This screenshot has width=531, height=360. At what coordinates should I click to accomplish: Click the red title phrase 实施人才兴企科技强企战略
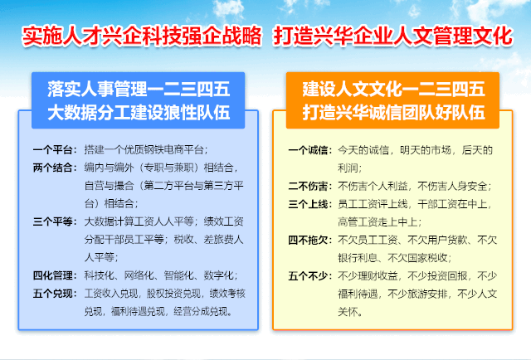(x=142, y=36)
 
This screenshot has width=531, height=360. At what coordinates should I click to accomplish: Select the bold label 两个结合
(x=55, y=167)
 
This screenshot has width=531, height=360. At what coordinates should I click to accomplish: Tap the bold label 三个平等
(x=55, y=221)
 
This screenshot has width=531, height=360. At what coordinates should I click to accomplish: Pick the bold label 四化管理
(x=55, y=275)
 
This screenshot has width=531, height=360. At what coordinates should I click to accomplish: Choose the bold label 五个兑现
(x=55, y=293)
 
